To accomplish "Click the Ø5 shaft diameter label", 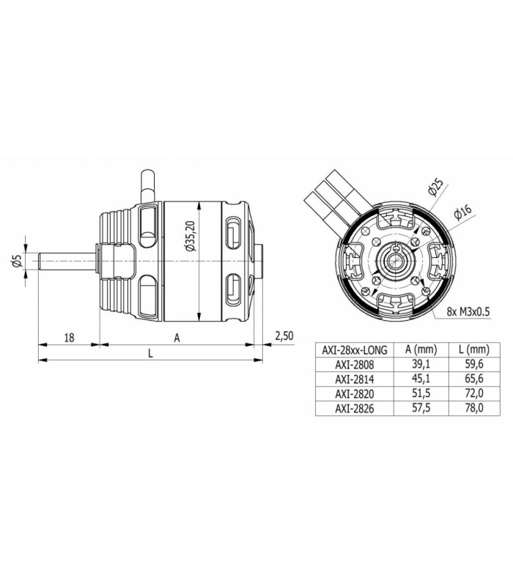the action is pyautogui.click(x=17, y=261).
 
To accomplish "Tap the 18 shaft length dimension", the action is pyautogui.click(x=69, y=338).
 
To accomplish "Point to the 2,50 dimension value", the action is pyautogui.click(x=284, y=335).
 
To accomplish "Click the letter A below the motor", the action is pyautogui.click(x=177, y=338).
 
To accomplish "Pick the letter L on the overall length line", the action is pyautogui.click(x=150, y=353).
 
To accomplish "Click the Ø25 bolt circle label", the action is pyautogui.click(x=435, y=187).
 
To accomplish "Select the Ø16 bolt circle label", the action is pyautogui.click(x=462, y=212).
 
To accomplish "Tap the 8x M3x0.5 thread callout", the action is pyautogui.click(x=468, y=311).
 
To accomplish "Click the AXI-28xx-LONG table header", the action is pyautogui.click(x=355, y=350).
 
